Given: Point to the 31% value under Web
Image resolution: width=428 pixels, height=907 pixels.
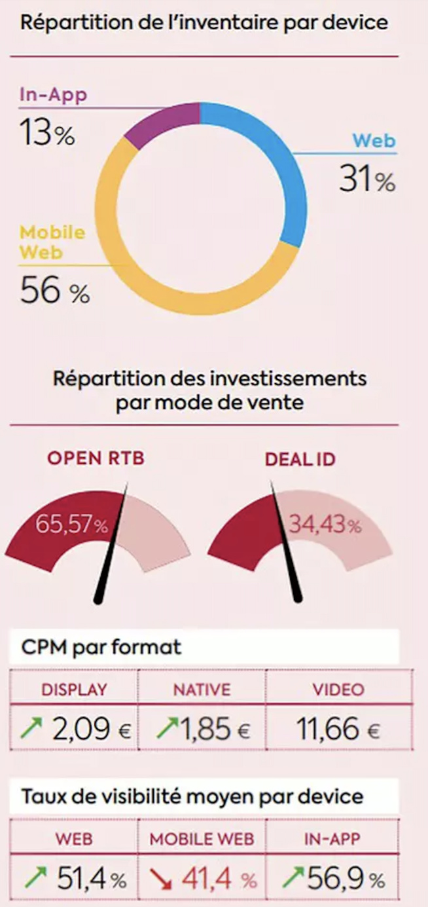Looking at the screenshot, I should click(366, 179).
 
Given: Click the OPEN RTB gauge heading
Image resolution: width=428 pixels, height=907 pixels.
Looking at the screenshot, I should click(96, 458).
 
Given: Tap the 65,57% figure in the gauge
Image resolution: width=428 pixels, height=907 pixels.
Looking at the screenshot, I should click(71, 525).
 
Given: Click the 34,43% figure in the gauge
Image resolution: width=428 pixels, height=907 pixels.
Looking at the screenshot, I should click(325, 525).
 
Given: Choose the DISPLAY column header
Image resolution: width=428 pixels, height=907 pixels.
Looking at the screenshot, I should click(74, 690).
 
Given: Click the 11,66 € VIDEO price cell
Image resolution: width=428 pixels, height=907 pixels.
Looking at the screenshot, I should click(338, 729).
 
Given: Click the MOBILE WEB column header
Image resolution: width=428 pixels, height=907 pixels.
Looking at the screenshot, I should click(202, 839).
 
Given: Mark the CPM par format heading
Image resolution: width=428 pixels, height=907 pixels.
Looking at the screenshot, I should click(101, 648).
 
